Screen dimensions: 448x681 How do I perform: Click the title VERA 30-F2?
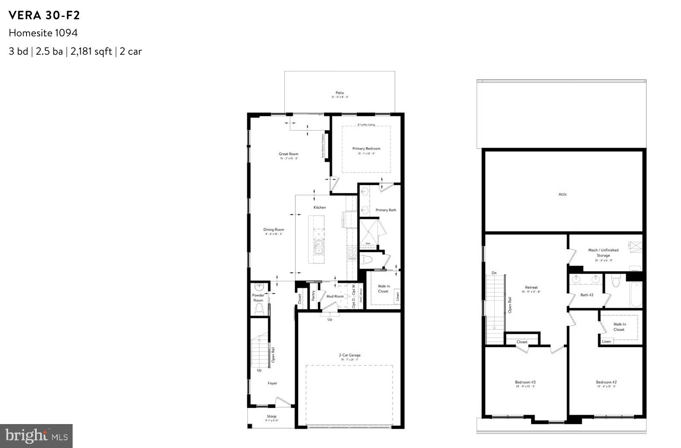[x=44, y=15]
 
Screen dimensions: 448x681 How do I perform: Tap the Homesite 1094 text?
[x=43, y=33]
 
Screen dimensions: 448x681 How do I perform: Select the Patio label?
[x=340, y=93]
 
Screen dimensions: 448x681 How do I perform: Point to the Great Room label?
[x=288, y=154]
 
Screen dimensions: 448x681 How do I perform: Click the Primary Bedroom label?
[x=366, y=149]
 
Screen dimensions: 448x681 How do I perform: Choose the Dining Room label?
[x=273, y=230]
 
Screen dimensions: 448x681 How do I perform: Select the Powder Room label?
[x=258, y=298]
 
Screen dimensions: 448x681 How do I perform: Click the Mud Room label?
[x=335, y=296]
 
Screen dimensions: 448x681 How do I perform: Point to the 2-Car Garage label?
[x=349, y=355]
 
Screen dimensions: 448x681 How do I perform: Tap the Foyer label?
[x=273, y=383]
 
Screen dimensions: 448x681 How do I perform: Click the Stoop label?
[x=272, y=416]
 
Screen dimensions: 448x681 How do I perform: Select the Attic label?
[x=563, y=195]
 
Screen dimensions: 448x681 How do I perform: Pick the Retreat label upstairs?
[x=531, y=288]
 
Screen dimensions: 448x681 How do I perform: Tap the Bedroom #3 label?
[x=525, y=382]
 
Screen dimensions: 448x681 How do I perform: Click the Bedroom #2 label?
[x=606, y=382]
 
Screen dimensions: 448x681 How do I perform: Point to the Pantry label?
[x=313, y=295]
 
